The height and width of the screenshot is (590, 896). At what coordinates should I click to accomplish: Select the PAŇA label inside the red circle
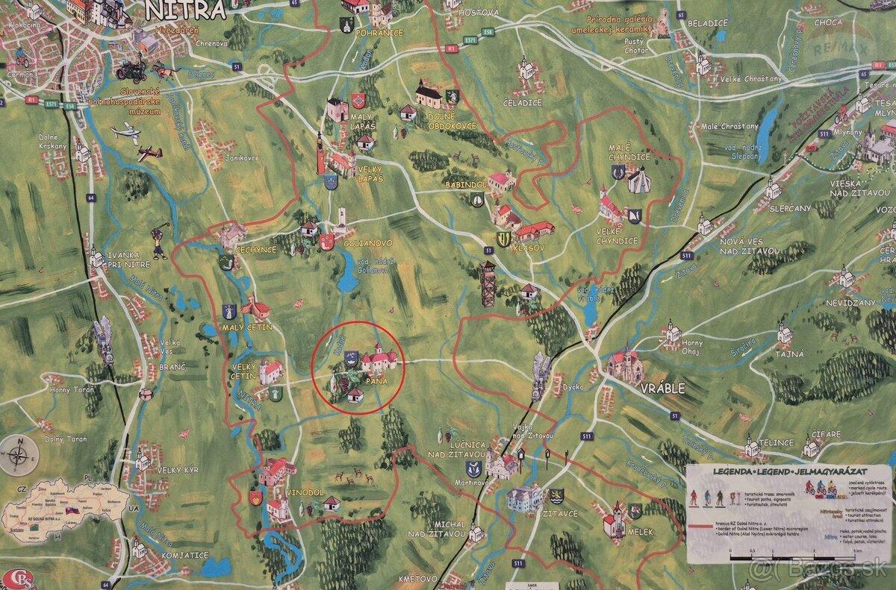coord(375,381)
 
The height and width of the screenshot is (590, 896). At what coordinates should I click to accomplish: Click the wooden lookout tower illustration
coord(488,284)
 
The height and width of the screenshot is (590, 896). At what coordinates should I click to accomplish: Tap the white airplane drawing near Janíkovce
coord(125,134)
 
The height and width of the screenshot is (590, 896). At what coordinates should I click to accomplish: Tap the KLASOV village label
coord(529,247)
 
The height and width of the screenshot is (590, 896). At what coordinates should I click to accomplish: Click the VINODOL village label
coord(304,493)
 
